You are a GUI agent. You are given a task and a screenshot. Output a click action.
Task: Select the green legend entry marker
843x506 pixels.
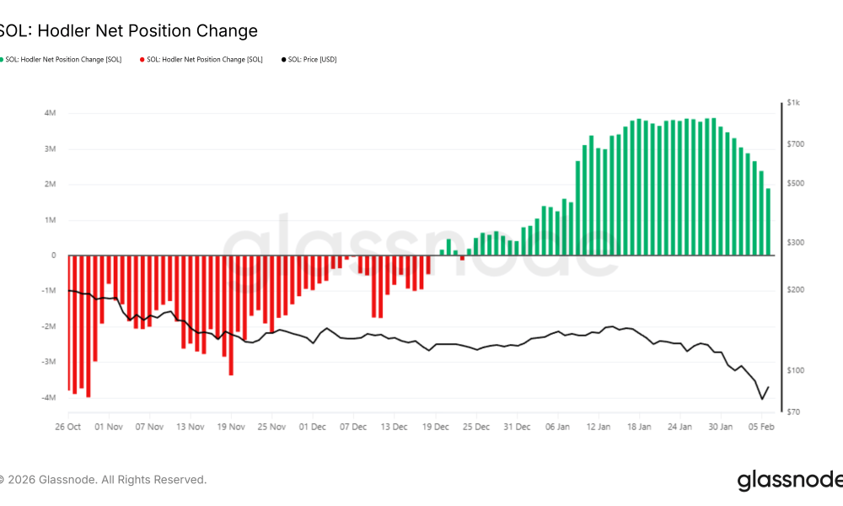pos(2,60)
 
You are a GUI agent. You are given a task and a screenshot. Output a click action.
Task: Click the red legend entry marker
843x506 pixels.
pos(142,60)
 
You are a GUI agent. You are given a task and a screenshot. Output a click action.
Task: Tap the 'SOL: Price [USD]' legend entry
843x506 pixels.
pos(312,60)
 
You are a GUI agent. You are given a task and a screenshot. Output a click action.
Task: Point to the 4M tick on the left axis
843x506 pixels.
pos(51,113)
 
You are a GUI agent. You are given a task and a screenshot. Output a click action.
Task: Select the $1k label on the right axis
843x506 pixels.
pos(793,102)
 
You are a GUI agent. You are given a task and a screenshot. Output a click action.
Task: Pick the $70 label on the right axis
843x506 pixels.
pos(793,412)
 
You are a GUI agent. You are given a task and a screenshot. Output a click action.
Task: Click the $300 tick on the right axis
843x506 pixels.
pos(795,243)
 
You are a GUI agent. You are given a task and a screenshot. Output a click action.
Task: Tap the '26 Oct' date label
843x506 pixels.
pos(67,427)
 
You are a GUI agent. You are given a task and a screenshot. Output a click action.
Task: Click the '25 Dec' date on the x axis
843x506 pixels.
pos(476,427)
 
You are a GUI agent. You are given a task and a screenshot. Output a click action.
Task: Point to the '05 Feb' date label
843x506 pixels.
pos(761,427)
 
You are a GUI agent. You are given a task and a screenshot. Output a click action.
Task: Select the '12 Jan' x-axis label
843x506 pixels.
pos(598,427)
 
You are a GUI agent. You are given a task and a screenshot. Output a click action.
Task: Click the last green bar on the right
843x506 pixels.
pos(768,222)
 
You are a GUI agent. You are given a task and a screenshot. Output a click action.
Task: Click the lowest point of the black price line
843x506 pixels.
pos(762,399)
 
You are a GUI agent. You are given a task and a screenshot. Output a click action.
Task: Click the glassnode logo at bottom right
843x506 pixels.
pos(788,481)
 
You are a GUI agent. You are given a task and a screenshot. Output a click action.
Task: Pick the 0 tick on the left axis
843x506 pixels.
pos(54,255)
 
